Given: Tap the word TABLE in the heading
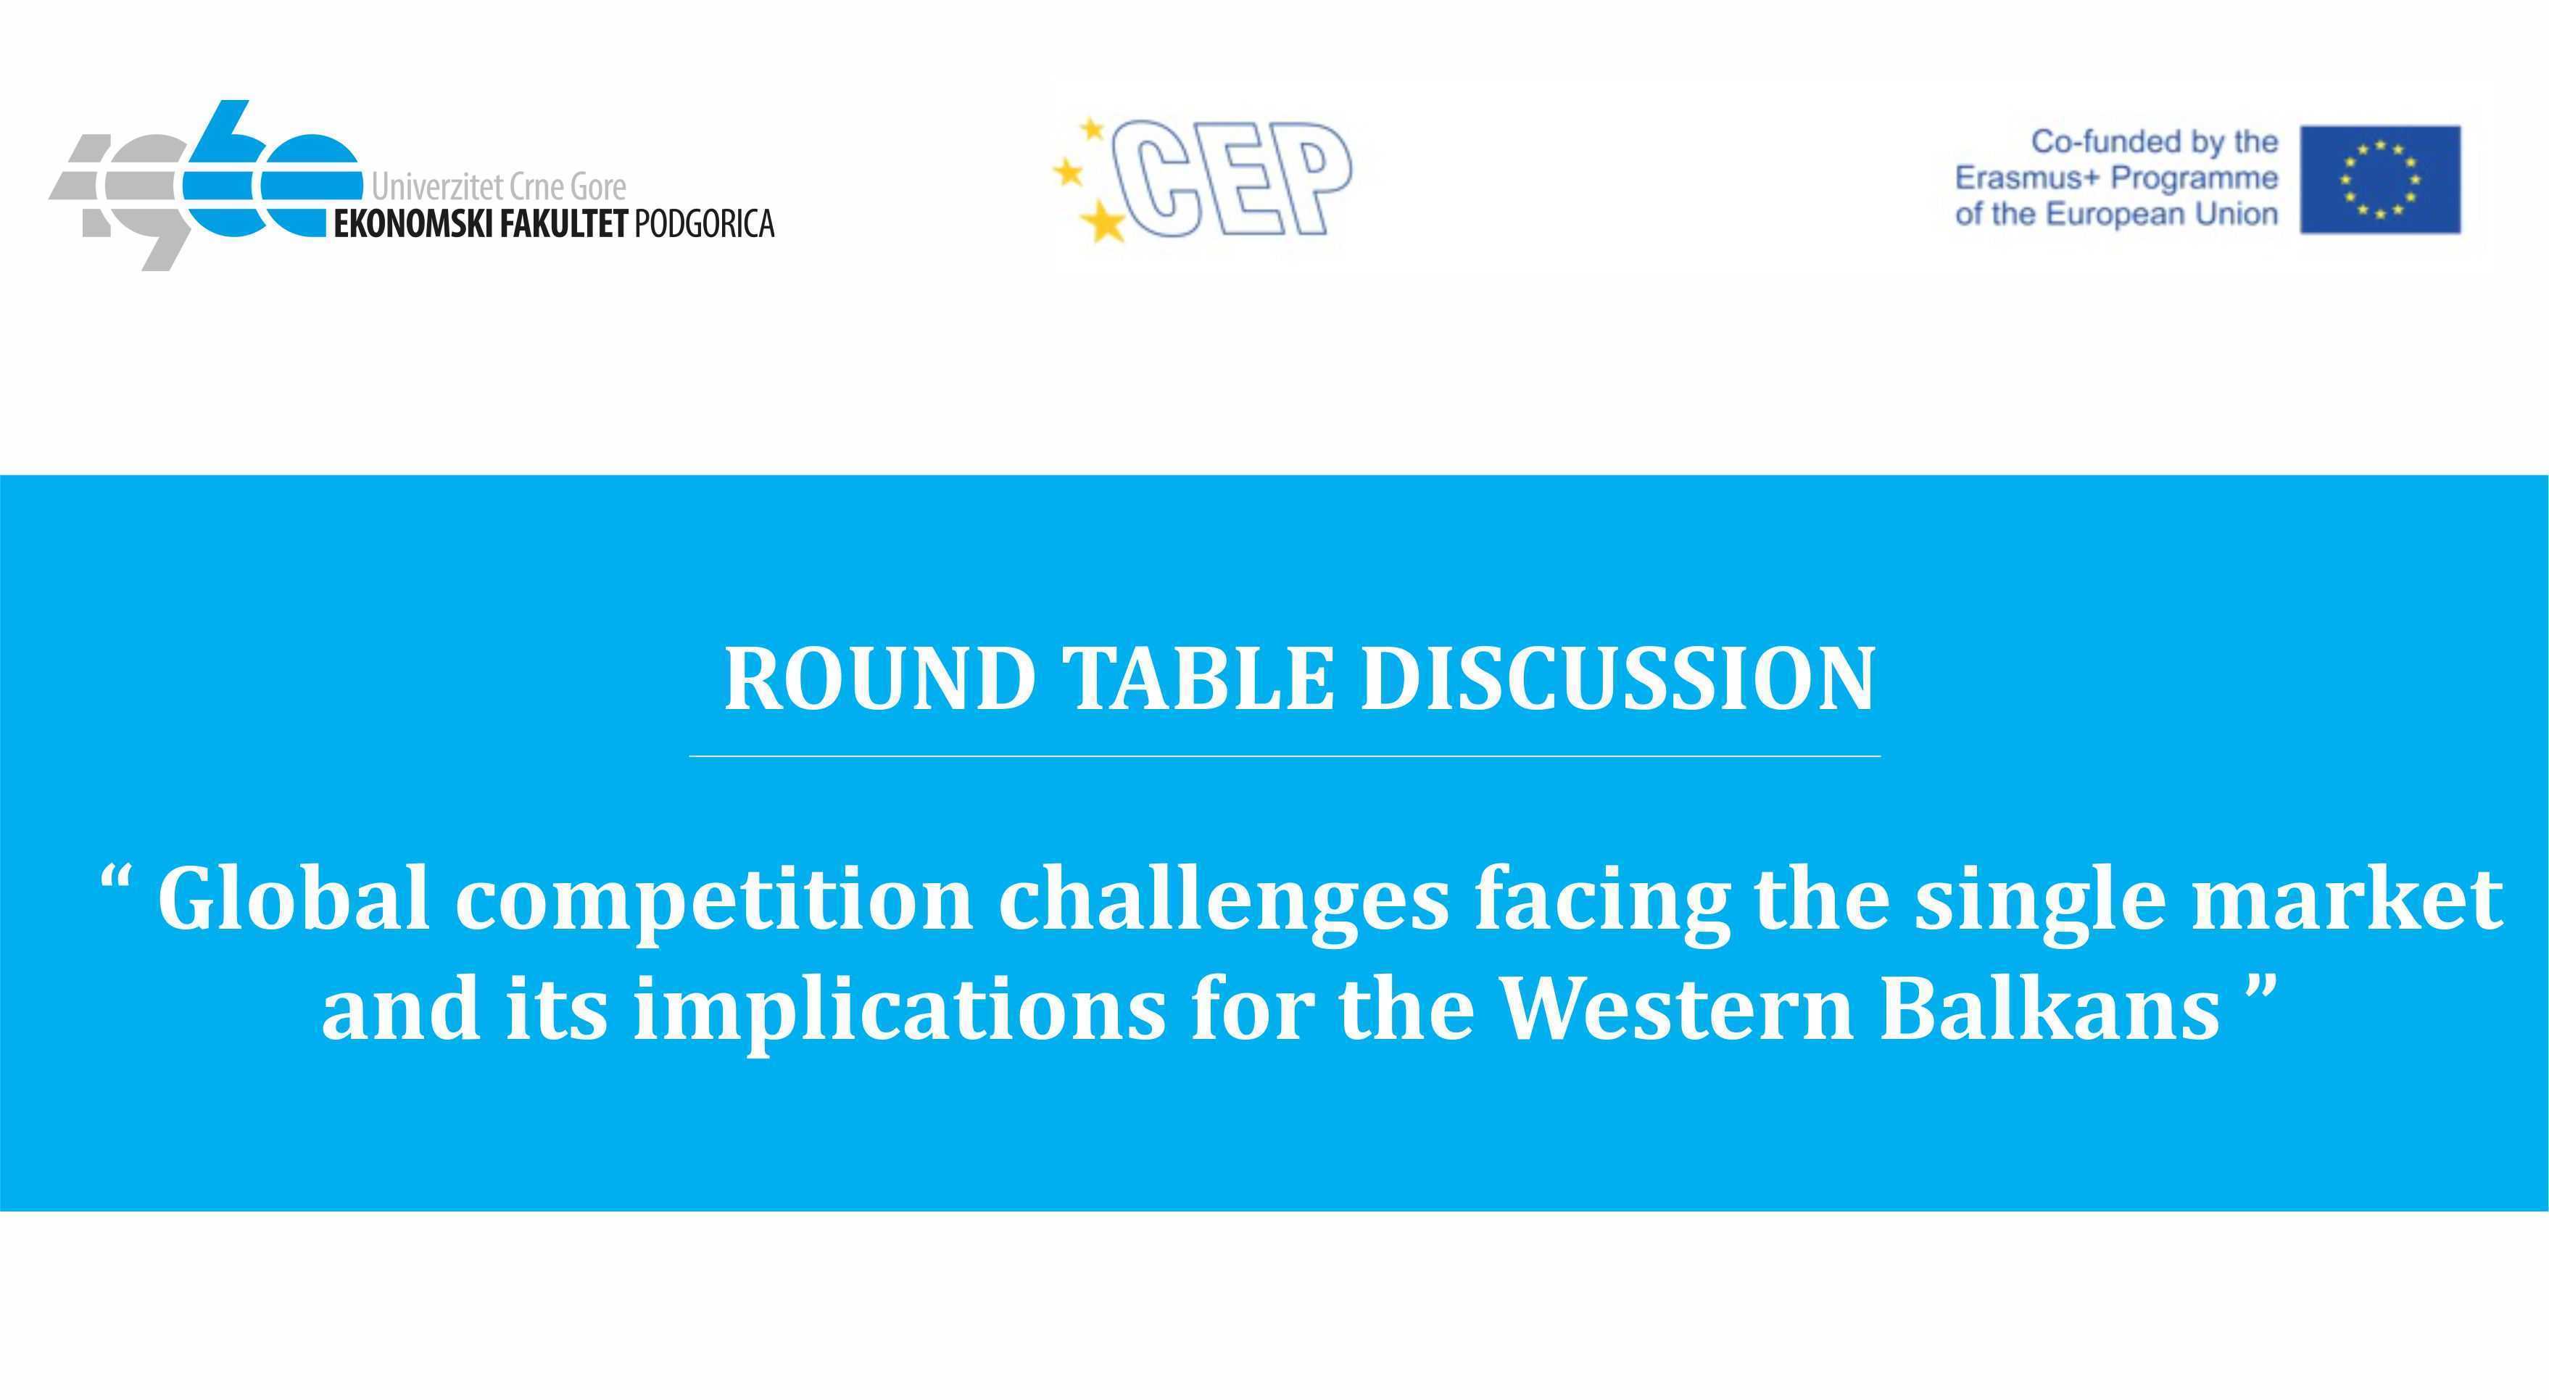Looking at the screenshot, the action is coord(1198,678).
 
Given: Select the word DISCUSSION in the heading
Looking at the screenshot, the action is coord(1618,678).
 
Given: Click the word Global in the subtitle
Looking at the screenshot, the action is coord(293,898).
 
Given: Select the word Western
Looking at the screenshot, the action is coord(1676,1009).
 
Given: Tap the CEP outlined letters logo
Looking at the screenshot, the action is coord(1232,179).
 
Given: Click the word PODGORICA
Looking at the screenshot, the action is coord(703,223).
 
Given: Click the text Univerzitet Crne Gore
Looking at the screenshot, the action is coord(499,186).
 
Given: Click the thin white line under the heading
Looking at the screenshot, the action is coord(1285,756).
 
